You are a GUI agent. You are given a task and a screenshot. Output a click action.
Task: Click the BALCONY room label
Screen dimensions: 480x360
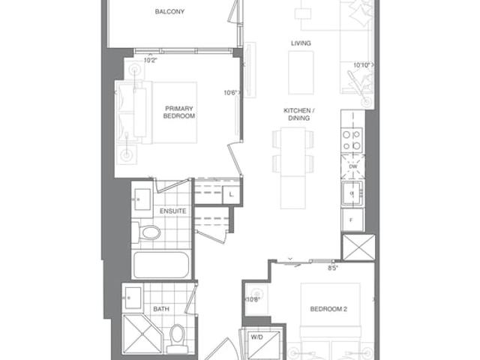point(169,12)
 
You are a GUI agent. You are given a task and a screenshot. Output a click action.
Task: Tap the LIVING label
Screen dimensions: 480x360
point(301,43)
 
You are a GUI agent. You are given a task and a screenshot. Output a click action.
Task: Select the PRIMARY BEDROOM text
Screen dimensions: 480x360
point(179,112)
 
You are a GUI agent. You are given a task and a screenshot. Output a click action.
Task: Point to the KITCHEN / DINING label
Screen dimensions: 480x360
point(299,114)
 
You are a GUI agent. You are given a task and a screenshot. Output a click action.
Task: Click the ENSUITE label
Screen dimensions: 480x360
point(173,211)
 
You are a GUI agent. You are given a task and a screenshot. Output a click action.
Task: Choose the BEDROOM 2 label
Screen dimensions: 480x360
point(328,309)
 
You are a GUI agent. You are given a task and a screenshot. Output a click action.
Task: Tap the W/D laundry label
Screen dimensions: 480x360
point(256,337)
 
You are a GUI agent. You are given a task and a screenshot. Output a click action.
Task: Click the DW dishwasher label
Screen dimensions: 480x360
point(353,166)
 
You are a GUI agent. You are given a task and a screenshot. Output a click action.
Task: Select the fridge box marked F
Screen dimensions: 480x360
point(352,220)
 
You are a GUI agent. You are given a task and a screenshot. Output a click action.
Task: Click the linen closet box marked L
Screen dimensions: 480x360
point(232,195)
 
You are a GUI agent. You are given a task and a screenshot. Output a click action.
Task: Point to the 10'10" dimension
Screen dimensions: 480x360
point(362,65)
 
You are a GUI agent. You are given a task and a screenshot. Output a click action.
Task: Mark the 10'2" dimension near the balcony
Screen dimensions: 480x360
point(150,60)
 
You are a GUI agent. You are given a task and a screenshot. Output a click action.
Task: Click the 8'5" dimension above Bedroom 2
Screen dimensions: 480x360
point(333,268)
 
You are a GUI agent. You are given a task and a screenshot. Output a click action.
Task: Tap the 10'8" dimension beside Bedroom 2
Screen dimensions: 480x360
point(253,299)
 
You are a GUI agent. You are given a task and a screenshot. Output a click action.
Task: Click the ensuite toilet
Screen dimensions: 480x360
point(147,232)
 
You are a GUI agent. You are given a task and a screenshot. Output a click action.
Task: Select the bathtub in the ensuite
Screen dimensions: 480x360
point(161,265)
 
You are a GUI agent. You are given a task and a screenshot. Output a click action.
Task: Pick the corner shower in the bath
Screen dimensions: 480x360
point(142,334)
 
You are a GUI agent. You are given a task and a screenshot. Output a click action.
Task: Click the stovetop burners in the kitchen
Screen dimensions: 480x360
point(352,140)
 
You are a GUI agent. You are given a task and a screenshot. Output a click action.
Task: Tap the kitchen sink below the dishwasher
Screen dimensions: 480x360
point(352,193)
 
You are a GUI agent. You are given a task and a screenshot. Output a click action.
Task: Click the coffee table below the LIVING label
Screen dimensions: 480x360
point(301,73)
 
